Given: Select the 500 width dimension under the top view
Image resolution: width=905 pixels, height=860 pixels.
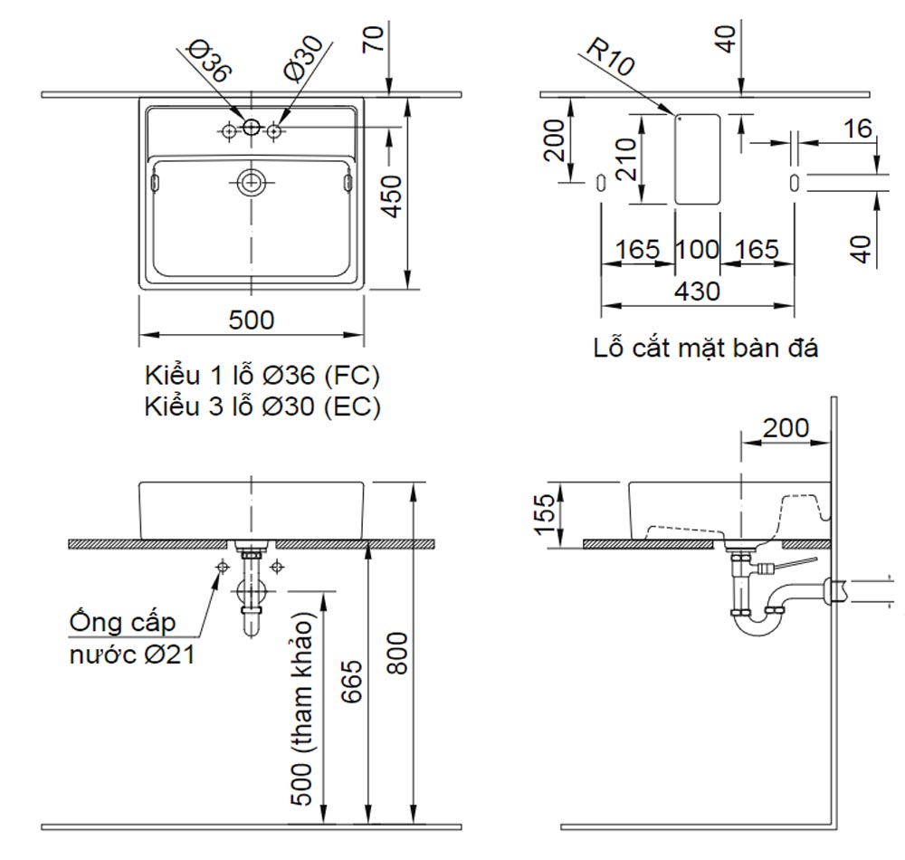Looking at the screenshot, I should [x=251, y=320].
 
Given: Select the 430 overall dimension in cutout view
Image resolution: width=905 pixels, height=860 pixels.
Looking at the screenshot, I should [x=697, y=291].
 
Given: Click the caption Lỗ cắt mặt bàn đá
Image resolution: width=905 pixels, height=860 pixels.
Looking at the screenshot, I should [x=706, y=349].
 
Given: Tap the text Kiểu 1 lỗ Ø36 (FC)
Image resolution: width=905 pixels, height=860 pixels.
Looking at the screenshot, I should [x=262, y=376].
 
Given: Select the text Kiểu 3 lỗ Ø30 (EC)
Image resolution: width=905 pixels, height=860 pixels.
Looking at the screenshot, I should [x=262, y=407].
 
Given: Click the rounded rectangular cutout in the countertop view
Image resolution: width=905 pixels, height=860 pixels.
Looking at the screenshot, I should [x=698, y=158].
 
